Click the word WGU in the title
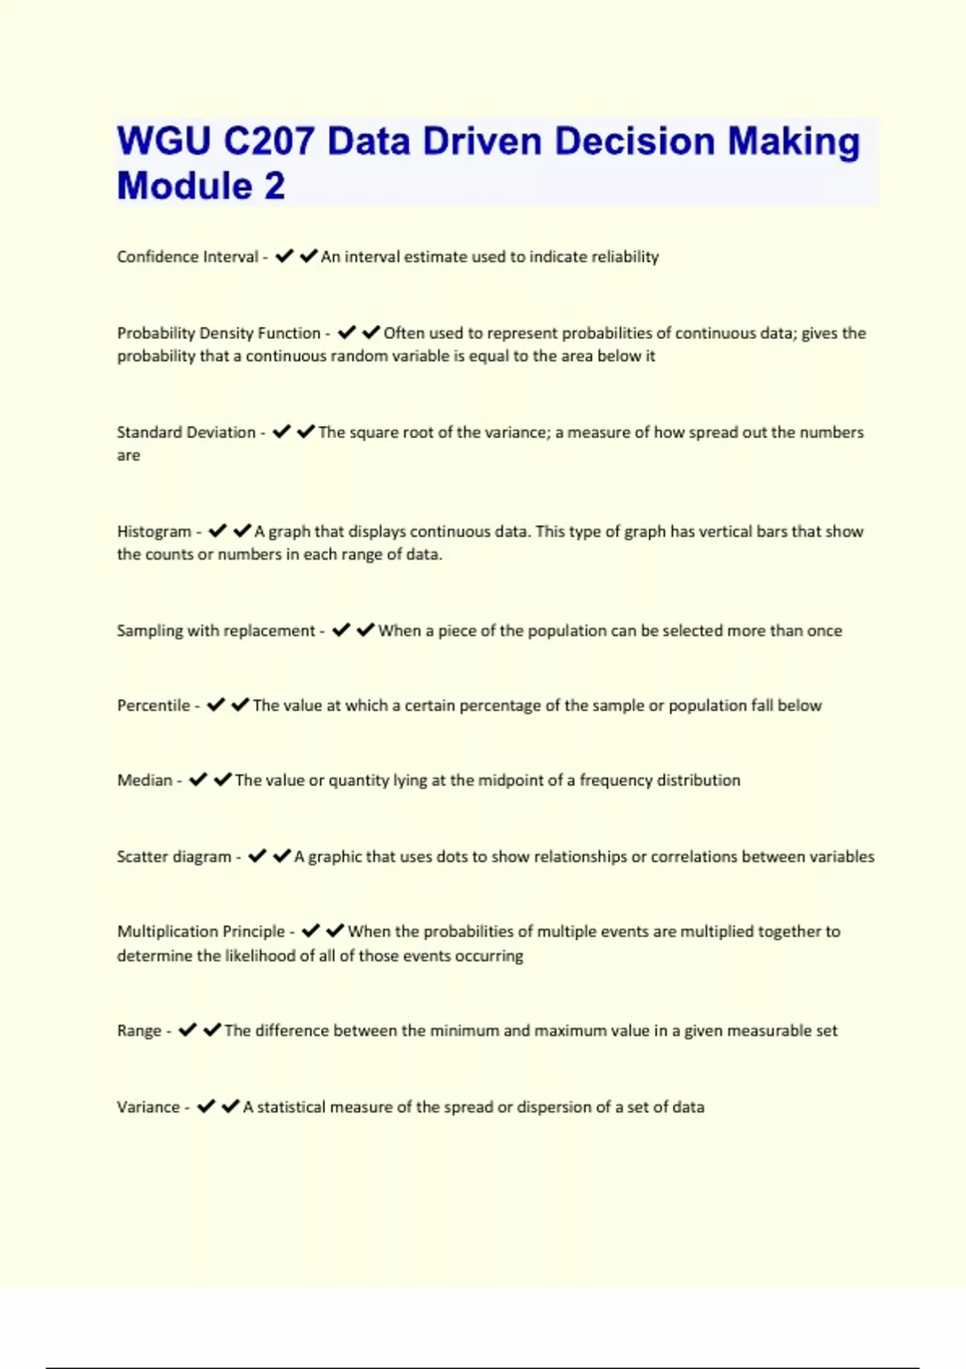pyautogui.click(x=164, y=142)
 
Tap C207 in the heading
pyautogui.click(x=269, y=142)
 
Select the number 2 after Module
pyautogui.click(x=274, y=186)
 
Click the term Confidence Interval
pyautogui.click(x=188, y=257)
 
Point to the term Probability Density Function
pyautogui.click(x=218, y=333)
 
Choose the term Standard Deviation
pyautogui.click(x=186, y=432)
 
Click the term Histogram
pyautogui.click(x=154, y=531)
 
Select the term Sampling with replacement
pyautogui.click(x=216, y=631)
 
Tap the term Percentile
pyautogui.click(x=153, y=705)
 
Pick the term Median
pyautogui.click(x=145, y=780)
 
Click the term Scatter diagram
pyautogui.click(x=174, y=857)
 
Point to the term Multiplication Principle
pyautogui.click(x=201, y=932)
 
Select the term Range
pyautogui.click(x=139, y=1031)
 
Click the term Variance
pyautogui.click(x=148, y=1107)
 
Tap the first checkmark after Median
pyautogui.click(x=198, y=780)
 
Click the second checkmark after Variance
pyautogui.click(x=230, y=1106)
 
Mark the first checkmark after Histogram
pyautogui.click(x=217, y=531)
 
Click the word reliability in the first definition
pyautogui.click(x=625, y=257)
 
